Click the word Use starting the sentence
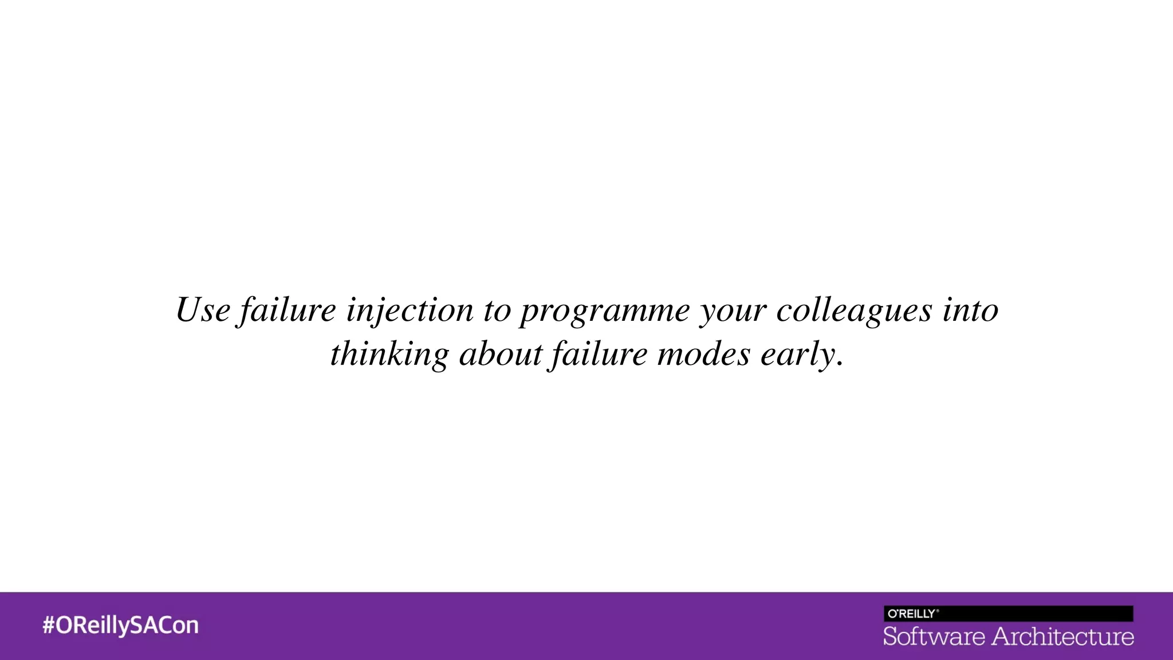pos(203,311)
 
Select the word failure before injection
pos(288,311)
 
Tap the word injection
pos(410,311)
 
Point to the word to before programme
pos(497,311)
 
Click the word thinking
pos(389,355)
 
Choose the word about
pos(501,355)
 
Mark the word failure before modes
pos(599,355)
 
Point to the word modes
pos(703,355)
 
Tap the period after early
pos(840,364)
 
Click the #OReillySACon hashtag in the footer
pos(120,626)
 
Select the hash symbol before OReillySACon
pos(48,626)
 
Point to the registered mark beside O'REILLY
pos(938,611)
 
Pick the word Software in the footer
pos(934,637)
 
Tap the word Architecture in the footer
pos(1063,637)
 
